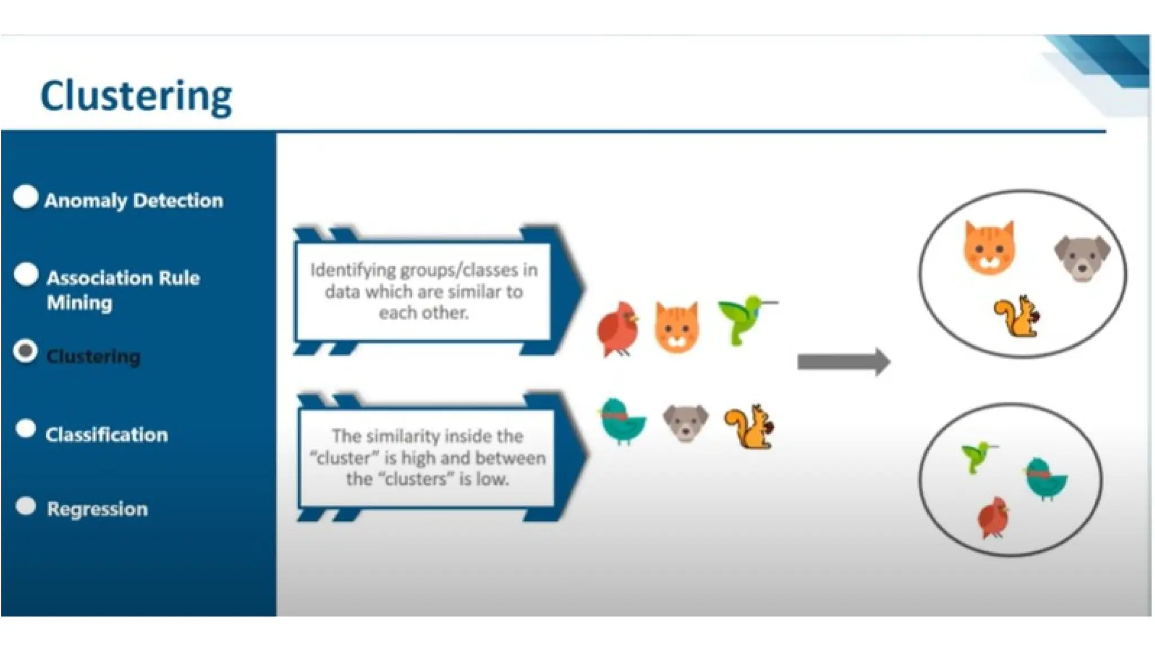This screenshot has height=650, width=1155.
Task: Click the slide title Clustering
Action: (136, 96)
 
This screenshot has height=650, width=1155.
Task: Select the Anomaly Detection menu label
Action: (134, 200)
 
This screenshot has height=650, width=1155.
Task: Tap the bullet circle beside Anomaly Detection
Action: (26, 197)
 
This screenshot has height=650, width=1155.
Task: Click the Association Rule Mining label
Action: (122, 290)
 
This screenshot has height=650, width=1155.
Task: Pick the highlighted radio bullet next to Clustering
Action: (25, 352)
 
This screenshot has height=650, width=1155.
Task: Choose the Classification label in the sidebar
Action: (107, 434)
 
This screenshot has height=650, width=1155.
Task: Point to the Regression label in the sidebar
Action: (97, 509)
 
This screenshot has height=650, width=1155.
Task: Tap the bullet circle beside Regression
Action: (26, 506)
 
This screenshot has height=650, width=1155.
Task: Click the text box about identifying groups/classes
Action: (424, 291)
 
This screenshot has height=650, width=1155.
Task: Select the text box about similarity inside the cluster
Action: (427, 458)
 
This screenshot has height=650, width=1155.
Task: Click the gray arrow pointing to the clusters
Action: (843, 362)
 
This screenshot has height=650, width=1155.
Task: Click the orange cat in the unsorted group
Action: (677, 328)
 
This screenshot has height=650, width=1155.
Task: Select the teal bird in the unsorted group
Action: (623, 421)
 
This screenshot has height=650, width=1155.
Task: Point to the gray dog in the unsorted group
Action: (685, 423)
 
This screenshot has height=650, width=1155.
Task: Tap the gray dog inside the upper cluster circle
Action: (1082, 257)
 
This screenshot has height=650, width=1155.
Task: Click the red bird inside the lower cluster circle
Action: (993, 516)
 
